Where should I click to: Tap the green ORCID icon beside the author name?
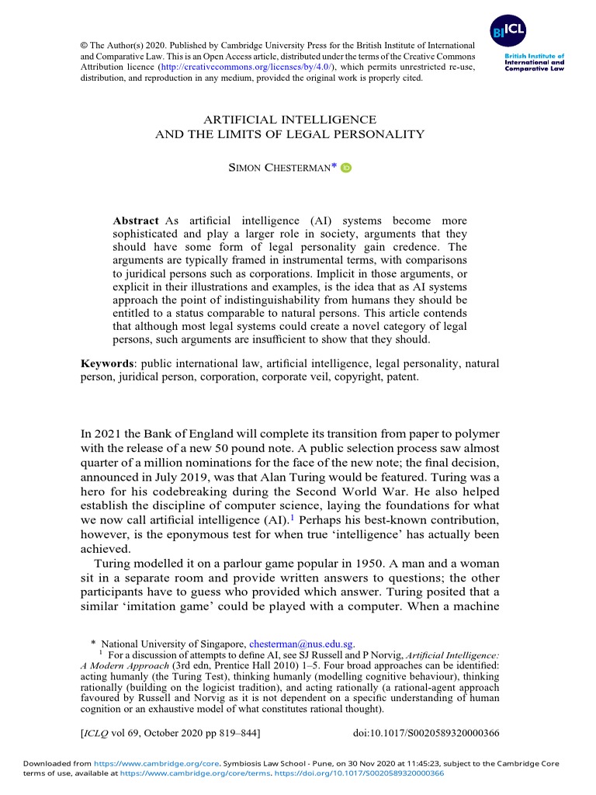click(x=346, y=168)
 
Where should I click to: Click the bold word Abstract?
click(x=136, y=220)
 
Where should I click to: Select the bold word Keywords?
click(x=109, y=363)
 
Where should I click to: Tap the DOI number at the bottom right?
click(x=426, y=732)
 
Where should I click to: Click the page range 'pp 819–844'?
click(x=230, y=732)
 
